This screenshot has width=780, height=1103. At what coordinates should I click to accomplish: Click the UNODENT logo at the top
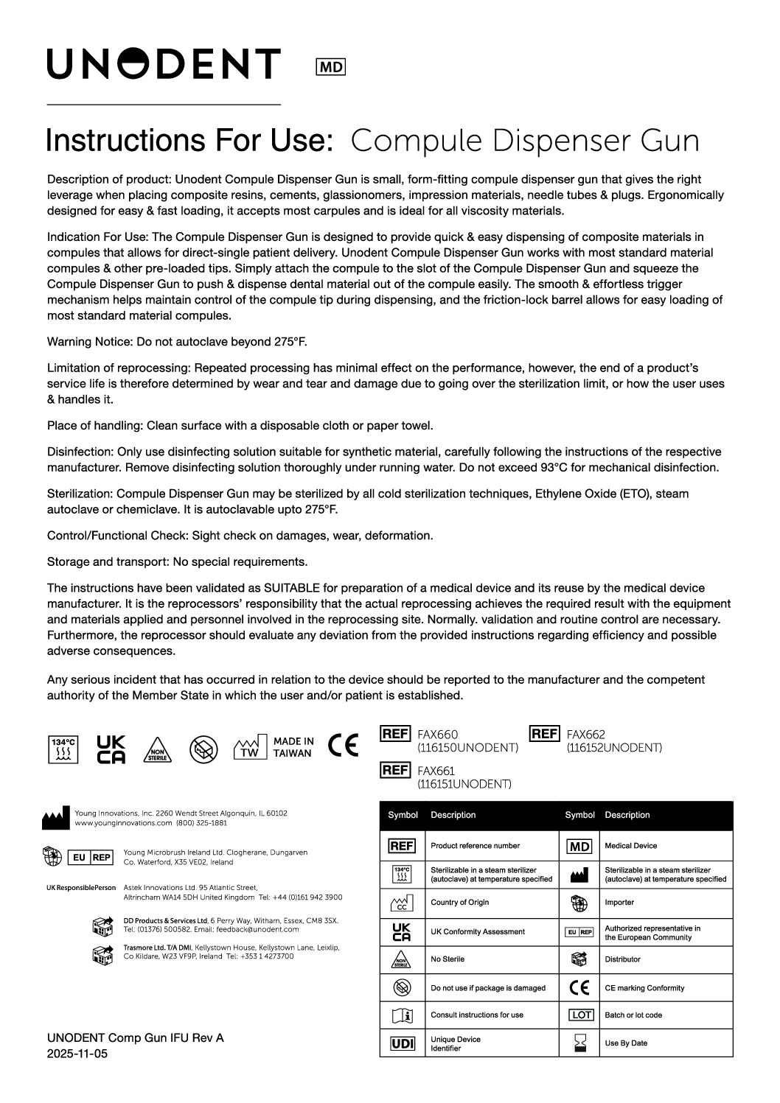[164, 64]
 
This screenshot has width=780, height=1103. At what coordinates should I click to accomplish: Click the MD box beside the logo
[330, 67]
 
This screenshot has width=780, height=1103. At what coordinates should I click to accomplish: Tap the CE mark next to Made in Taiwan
[344, 746]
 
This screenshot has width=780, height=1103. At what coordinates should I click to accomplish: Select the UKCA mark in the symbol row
[111, 749]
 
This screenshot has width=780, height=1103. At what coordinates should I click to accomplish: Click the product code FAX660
[437, 735]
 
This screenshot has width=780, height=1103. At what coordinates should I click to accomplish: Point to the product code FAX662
[585, 735]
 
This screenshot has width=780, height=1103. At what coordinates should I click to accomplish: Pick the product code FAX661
[437, 771]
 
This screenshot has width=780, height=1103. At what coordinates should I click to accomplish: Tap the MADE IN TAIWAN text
[293, 747]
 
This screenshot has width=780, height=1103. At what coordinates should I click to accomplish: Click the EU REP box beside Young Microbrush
[90, 857]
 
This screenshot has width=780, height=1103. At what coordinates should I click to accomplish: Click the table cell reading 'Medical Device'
[630, 846]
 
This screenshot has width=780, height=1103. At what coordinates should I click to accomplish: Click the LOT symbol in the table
[581, 1015]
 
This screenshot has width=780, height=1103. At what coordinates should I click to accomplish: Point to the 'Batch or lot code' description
[633, 1015]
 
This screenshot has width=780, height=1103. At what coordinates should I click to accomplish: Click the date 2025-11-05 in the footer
[77, 1054]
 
